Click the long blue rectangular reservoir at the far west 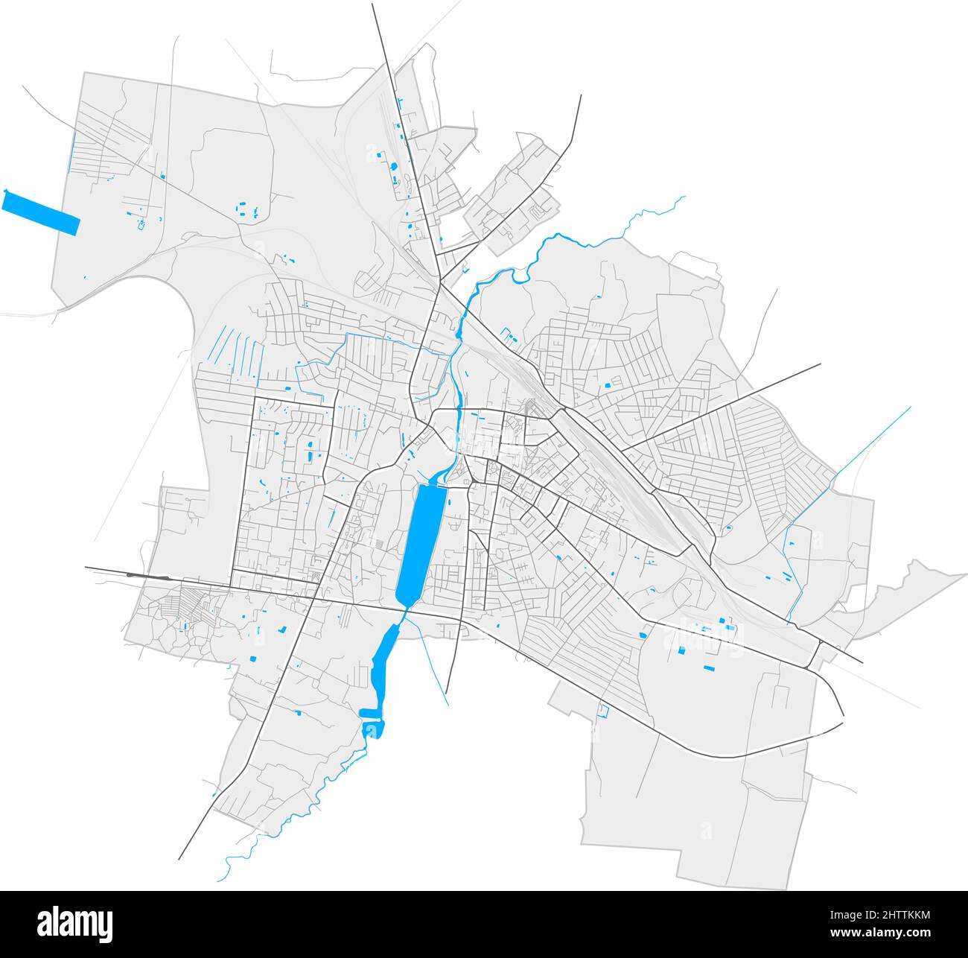(41, 213)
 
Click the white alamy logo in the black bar (76, 924)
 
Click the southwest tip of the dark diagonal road (179, 858)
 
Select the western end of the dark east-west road (86, 568)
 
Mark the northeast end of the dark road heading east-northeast (819, 364)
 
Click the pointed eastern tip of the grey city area (965, 574)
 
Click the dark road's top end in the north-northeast (580, 95)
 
